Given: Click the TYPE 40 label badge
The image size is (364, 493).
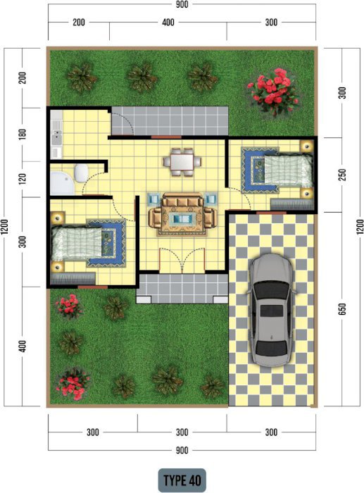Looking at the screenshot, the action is pyautogui.click(x=182, y=480).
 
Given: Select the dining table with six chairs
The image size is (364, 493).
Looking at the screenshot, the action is pyautogui.click(x=182, y=162).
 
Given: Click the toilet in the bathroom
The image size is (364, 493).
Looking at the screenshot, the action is pyautogui.click(x=81, y=173).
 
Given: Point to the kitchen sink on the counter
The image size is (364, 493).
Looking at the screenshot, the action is pyautogui.click(x=57, y=137).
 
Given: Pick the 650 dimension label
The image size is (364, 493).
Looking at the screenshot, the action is pyautogui.click(x=342, y=309).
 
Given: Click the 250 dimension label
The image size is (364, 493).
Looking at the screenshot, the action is pyautogui.click(x=342, y=175).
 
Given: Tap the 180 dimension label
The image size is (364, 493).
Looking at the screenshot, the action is pyautogui.click(x=23, y=135).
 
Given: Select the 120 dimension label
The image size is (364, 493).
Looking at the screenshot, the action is pyautogui.click(x=23, y=179).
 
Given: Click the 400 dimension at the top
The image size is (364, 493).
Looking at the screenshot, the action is pyautogui.click(x=168, y=23).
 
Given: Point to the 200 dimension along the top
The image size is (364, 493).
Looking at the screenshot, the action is pyautogui.click(x=79, y=23).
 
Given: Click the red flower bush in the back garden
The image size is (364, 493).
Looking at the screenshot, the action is pyautogui.click(x=273, y=91).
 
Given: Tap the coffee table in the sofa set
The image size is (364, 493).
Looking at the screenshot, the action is pyautogui.click(x=182, y=218).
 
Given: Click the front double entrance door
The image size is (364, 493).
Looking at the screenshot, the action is pyautogui.click(x=182, y=260).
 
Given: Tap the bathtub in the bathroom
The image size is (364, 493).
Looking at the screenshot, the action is pyautogui.click(x=62, y=183).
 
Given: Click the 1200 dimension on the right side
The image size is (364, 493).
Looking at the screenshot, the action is pyautogui.click(x=360, y=226).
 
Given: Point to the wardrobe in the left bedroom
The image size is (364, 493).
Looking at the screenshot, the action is pyautogui.click(x=73, y=279).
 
